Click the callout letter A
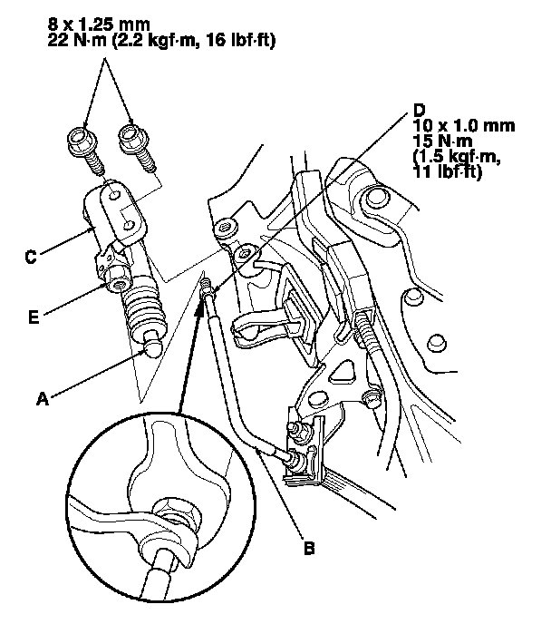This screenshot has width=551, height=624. [x=43, y=398]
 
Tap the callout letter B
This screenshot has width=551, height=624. [x=309, y=548]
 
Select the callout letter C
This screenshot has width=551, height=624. [x=31, y=257]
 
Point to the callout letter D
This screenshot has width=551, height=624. [x=419, y=110]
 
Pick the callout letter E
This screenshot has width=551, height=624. [x=34, y=317]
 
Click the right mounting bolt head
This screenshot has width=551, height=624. [x=133, y=138]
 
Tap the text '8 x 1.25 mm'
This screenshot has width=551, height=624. [x=99, y=24]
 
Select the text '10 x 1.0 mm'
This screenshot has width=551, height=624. [x=463, y=126]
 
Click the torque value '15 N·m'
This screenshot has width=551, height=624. [x=442, y=141]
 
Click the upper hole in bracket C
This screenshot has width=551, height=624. [x=114, y=195]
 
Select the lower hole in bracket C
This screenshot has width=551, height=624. [x=129, y=226]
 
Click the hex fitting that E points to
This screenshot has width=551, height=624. [x=118, y=277]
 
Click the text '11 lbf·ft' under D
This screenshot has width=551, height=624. [x=448, y=172]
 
